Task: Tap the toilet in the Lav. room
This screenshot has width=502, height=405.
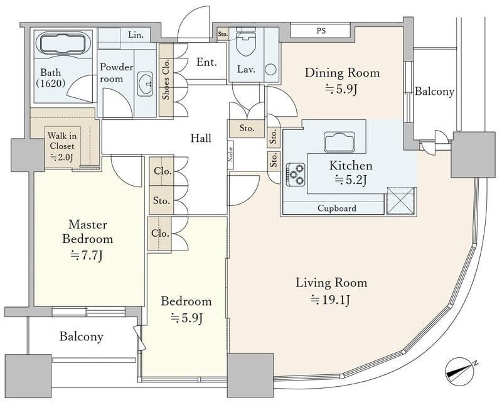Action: coord(246,41)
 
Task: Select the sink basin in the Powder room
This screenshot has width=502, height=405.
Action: coord(146,84)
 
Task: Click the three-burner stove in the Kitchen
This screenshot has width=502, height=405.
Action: coord(296,175)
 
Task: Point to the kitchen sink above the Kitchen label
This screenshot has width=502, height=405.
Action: coord(339,142)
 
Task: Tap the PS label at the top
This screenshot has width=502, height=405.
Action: coord(321,31)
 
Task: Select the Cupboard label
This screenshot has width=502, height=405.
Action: coord(337,208)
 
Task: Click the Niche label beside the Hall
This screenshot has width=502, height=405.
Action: coord(230,154)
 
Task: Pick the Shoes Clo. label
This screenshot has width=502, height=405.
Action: coord(166,79)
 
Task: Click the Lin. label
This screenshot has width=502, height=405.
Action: coord(136,35)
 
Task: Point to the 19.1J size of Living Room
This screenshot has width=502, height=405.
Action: coord(331,300)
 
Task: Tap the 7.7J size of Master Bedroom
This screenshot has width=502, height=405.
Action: coord(87,256)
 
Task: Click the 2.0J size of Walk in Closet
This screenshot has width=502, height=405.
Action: coord(62,157)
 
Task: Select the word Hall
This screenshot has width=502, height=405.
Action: coord(201,138)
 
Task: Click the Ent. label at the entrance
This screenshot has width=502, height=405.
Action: coord(206,62)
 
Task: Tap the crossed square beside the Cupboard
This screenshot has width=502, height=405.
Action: coord(401,200)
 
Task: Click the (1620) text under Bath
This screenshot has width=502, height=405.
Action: coord(51,84)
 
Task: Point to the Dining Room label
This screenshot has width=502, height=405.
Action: coord(342,73)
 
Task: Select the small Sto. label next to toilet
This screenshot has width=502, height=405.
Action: coord(223,34)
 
